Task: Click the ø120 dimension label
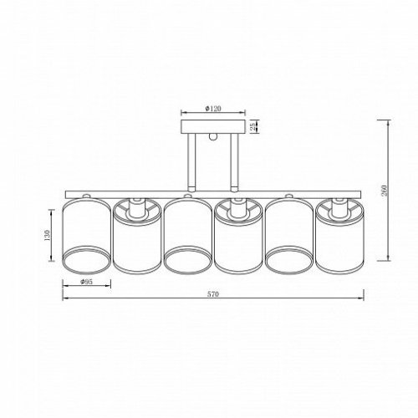pos(213,109)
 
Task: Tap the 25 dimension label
pos(252,127)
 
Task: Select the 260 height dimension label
pos(385,191)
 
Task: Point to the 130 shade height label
pos(47,236)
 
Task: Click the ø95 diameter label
pos(86,282)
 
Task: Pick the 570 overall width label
pos(213,294)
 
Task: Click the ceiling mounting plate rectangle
pos(213,126)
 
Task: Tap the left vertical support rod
pos(191,162)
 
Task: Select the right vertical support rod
pos(234,162)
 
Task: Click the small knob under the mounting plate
pos(213,136)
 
